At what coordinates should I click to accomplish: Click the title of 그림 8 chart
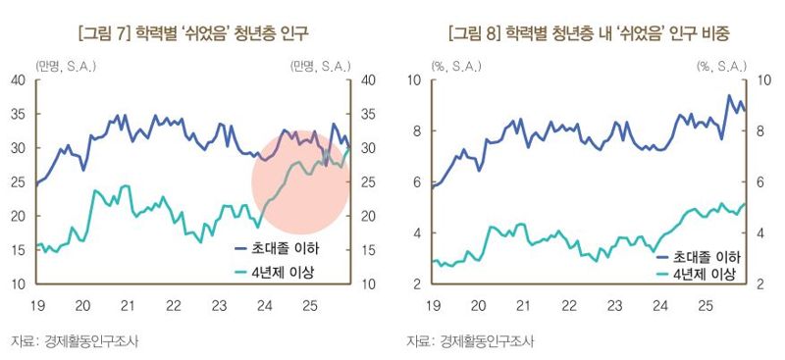point(581,34)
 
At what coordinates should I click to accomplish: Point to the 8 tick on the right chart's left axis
point(417,131)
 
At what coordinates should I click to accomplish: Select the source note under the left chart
point(75,341)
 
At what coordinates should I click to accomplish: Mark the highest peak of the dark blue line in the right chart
point(729,96)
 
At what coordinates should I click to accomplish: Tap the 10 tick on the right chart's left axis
point(414,80)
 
